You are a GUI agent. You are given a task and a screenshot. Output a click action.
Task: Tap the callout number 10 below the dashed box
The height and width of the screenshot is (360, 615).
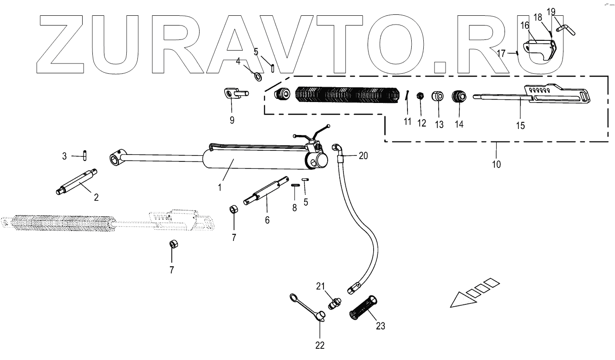[x=496, y=164]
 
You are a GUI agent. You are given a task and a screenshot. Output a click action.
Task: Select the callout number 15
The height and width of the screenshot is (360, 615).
[x=521, y=126]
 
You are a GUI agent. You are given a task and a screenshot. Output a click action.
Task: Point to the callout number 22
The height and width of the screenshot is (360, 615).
[x=320, y=345]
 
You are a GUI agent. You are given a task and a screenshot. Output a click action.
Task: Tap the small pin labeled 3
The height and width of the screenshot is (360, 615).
[x=86, y=154]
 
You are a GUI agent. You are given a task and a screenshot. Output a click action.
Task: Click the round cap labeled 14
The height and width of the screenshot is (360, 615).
[x=459, y=97]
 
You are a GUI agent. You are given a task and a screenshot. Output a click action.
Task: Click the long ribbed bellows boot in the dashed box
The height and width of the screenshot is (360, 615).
[x=346, y=95]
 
